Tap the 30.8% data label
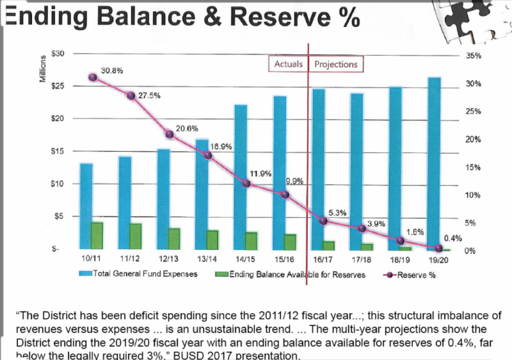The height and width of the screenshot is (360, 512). (x=112, y=70)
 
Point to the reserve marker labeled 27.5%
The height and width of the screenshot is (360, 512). (x=131, y=95)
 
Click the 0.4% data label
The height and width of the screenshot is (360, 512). (x=452, y=238)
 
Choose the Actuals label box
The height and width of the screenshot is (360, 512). (x=288, y=65)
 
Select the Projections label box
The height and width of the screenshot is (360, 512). (x=336, y=65)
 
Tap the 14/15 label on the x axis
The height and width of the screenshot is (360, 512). (x=246, y=260)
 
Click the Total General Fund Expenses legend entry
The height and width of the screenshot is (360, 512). (x=138, y=274)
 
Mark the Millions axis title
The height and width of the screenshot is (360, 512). (x=43, y=65)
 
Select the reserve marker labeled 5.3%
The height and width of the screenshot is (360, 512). (x=323, y=221)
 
